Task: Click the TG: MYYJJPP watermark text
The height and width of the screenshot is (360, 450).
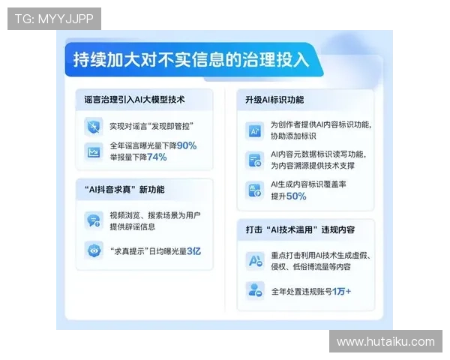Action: click(x=53, y=18)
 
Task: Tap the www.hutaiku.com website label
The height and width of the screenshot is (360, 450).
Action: click(x=385, y=342)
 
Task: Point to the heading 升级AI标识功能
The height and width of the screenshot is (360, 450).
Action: click(x=274, y=99)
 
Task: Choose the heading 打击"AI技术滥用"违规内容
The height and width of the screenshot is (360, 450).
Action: click(x=300, y=228)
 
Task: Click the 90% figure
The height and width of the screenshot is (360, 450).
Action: click(x=187, y=145)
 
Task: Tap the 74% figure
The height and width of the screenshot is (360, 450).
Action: click(x=157, y=157)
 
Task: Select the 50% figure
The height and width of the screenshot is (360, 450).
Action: click(x=296, y=196)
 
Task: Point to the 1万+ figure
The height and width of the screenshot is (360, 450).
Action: click(x=342, y=291)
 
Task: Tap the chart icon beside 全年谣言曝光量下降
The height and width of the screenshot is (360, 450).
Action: click(x=94, y=151)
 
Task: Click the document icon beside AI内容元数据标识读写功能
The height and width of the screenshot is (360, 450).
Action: click(x=254, y=159)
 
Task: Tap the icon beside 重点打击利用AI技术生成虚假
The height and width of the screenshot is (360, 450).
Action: click(x=254, y=260)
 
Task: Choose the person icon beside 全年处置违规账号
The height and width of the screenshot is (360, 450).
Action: click(x=254, y=290)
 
